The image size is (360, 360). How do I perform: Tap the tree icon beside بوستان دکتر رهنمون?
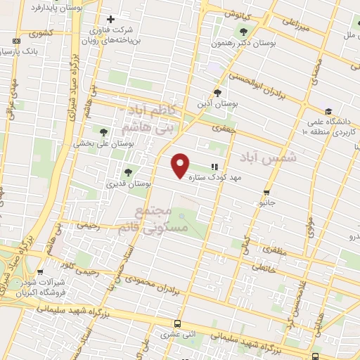pyautogui.click(x=244, y=31)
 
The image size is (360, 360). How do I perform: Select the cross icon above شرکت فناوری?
pyautogui.click(x=110, y=19)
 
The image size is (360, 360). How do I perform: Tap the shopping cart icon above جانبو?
pyautogui.click(x=266, y=192)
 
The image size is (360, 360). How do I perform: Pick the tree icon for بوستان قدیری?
pyautogui.click(x=127, y=172)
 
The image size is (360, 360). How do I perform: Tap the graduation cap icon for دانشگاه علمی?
pyautogui.click(x=328, y=111)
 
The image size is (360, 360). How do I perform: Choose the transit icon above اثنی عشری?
pyautogui.click(x=176, y=324)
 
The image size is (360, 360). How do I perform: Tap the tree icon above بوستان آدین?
pyautogui.click(x=217, y=93)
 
